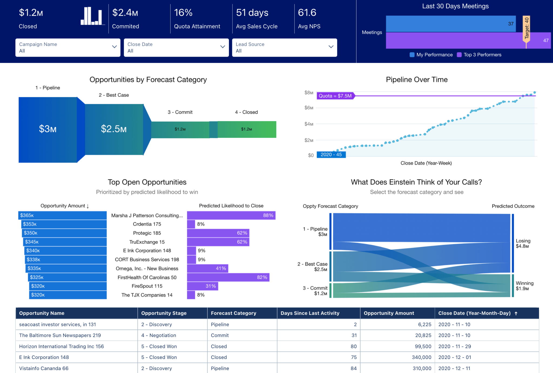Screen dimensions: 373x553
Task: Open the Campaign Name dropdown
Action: coord(68,48)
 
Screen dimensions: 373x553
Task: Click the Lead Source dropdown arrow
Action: coord(331,47)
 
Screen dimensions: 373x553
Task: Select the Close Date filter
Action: coord(176,48)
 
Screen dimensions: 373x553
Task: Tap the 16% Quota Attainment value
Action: coord(183,13)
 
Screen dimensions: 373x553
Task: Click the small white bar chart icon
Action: coord(92,16)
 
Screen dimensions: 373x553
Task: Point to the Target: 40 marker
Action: coord(526,28)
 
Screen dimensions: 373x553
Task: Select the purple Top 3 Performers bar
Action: coord(454,40)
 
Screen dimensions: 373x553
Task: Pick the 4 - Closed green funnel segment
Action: coord(247,130)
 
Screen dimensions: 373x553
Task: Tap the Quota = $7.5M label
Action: coord(335,96)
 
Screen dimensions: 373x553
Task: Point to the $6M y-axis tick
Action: coord(309,108)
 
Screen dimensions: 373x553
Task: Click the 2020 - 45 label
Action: coord(331,155)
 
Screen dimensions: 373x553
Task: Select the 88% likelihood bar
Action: coord(231,215)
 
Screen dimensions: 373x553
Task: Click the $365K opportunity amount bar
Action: coord(62,215)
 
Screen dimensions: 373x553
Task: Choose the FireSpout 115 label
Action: coord(147,286)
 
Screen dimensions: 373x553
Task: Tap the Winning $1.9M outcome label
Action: coord(524,286)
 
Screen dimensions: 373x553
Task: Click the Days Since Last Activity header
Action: coord(310,313)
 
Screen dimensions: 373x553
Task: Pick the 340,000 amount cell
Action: coord(421,357)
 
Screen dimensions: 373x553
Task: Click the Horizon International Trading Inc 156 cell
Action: coord(62,346)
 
